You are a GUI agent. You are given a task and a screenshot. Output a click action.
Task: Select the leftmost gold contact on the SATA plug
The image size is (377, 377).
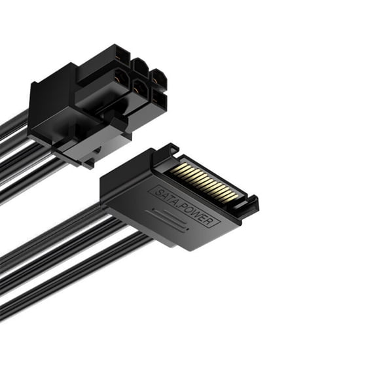tap(179, 168)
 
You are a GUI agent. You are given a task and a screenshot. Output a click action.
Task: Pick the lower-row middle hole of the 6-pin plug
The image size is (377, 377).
tap(139, 88)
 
